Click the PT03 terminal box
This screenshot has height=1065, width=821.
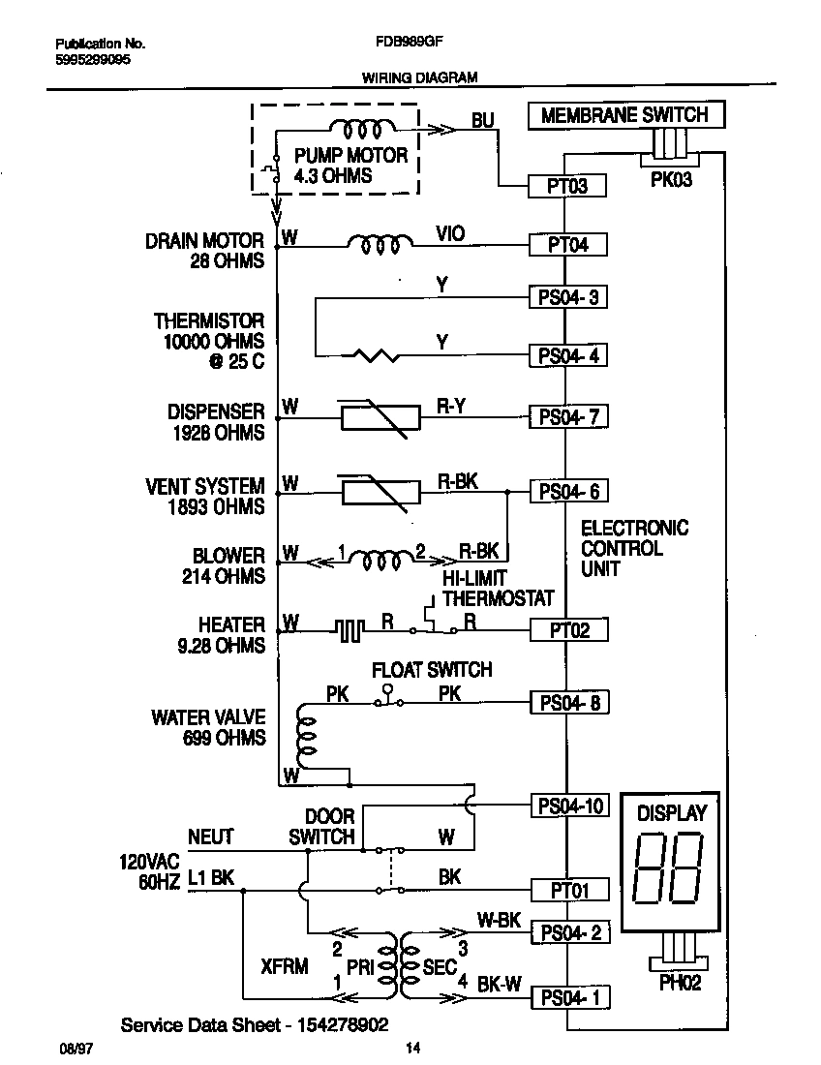(x=568, y=186)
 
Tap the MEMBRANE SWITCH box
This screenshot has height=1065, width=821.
(x=624, y=115)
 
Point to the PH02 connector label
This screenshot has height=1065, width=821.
(x=679, y=983)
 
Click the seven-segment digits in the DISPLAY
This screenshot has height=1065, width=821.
(x=668, y=868)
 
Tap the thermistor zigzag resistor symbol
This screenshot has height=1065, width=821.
(x=378, y=356)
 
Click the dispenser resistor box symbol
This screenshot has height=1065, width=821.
(x=380, y=417)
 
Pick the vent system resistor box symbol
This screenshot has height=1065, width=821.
(x=380, y=492)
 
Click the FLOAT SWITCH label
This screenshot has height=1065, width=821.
(x=433, y=670)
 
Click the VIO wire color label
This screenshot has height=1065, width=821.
(x=450, y=233)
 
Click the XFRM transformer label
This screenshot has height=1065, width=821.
(x=285, y=967)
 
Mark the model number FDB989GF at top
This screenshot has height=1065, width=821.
(x=402, y=44)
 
